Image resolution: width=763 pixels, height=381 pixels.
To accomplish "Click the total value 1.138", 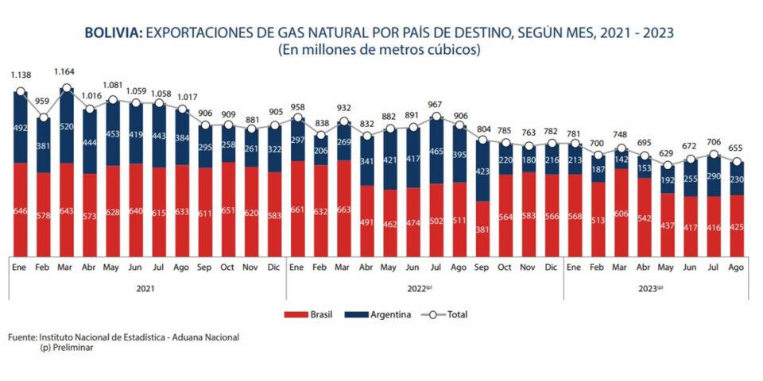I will pos(20,75).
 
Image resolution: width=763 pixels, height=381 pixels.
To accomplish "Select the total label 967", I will pos(436,104).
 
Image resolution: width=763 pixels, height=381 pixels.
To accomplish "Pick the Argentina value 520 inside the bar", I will pos(66,126).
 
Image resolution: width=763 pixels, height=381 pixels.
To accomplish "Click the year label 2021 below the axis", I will pos(145,289).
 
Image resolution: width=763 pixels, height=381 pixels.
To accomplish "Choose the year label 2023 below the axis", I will pos(649,289).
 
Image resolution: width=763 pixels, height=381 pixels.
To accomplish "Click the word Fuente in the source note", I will pos(21,337).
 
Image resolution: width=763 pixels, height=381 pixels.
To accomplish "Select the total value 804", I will pos(482,129).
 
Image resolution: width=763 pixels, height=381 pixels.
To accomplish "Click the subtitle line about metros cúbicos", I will pos(381,49).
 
